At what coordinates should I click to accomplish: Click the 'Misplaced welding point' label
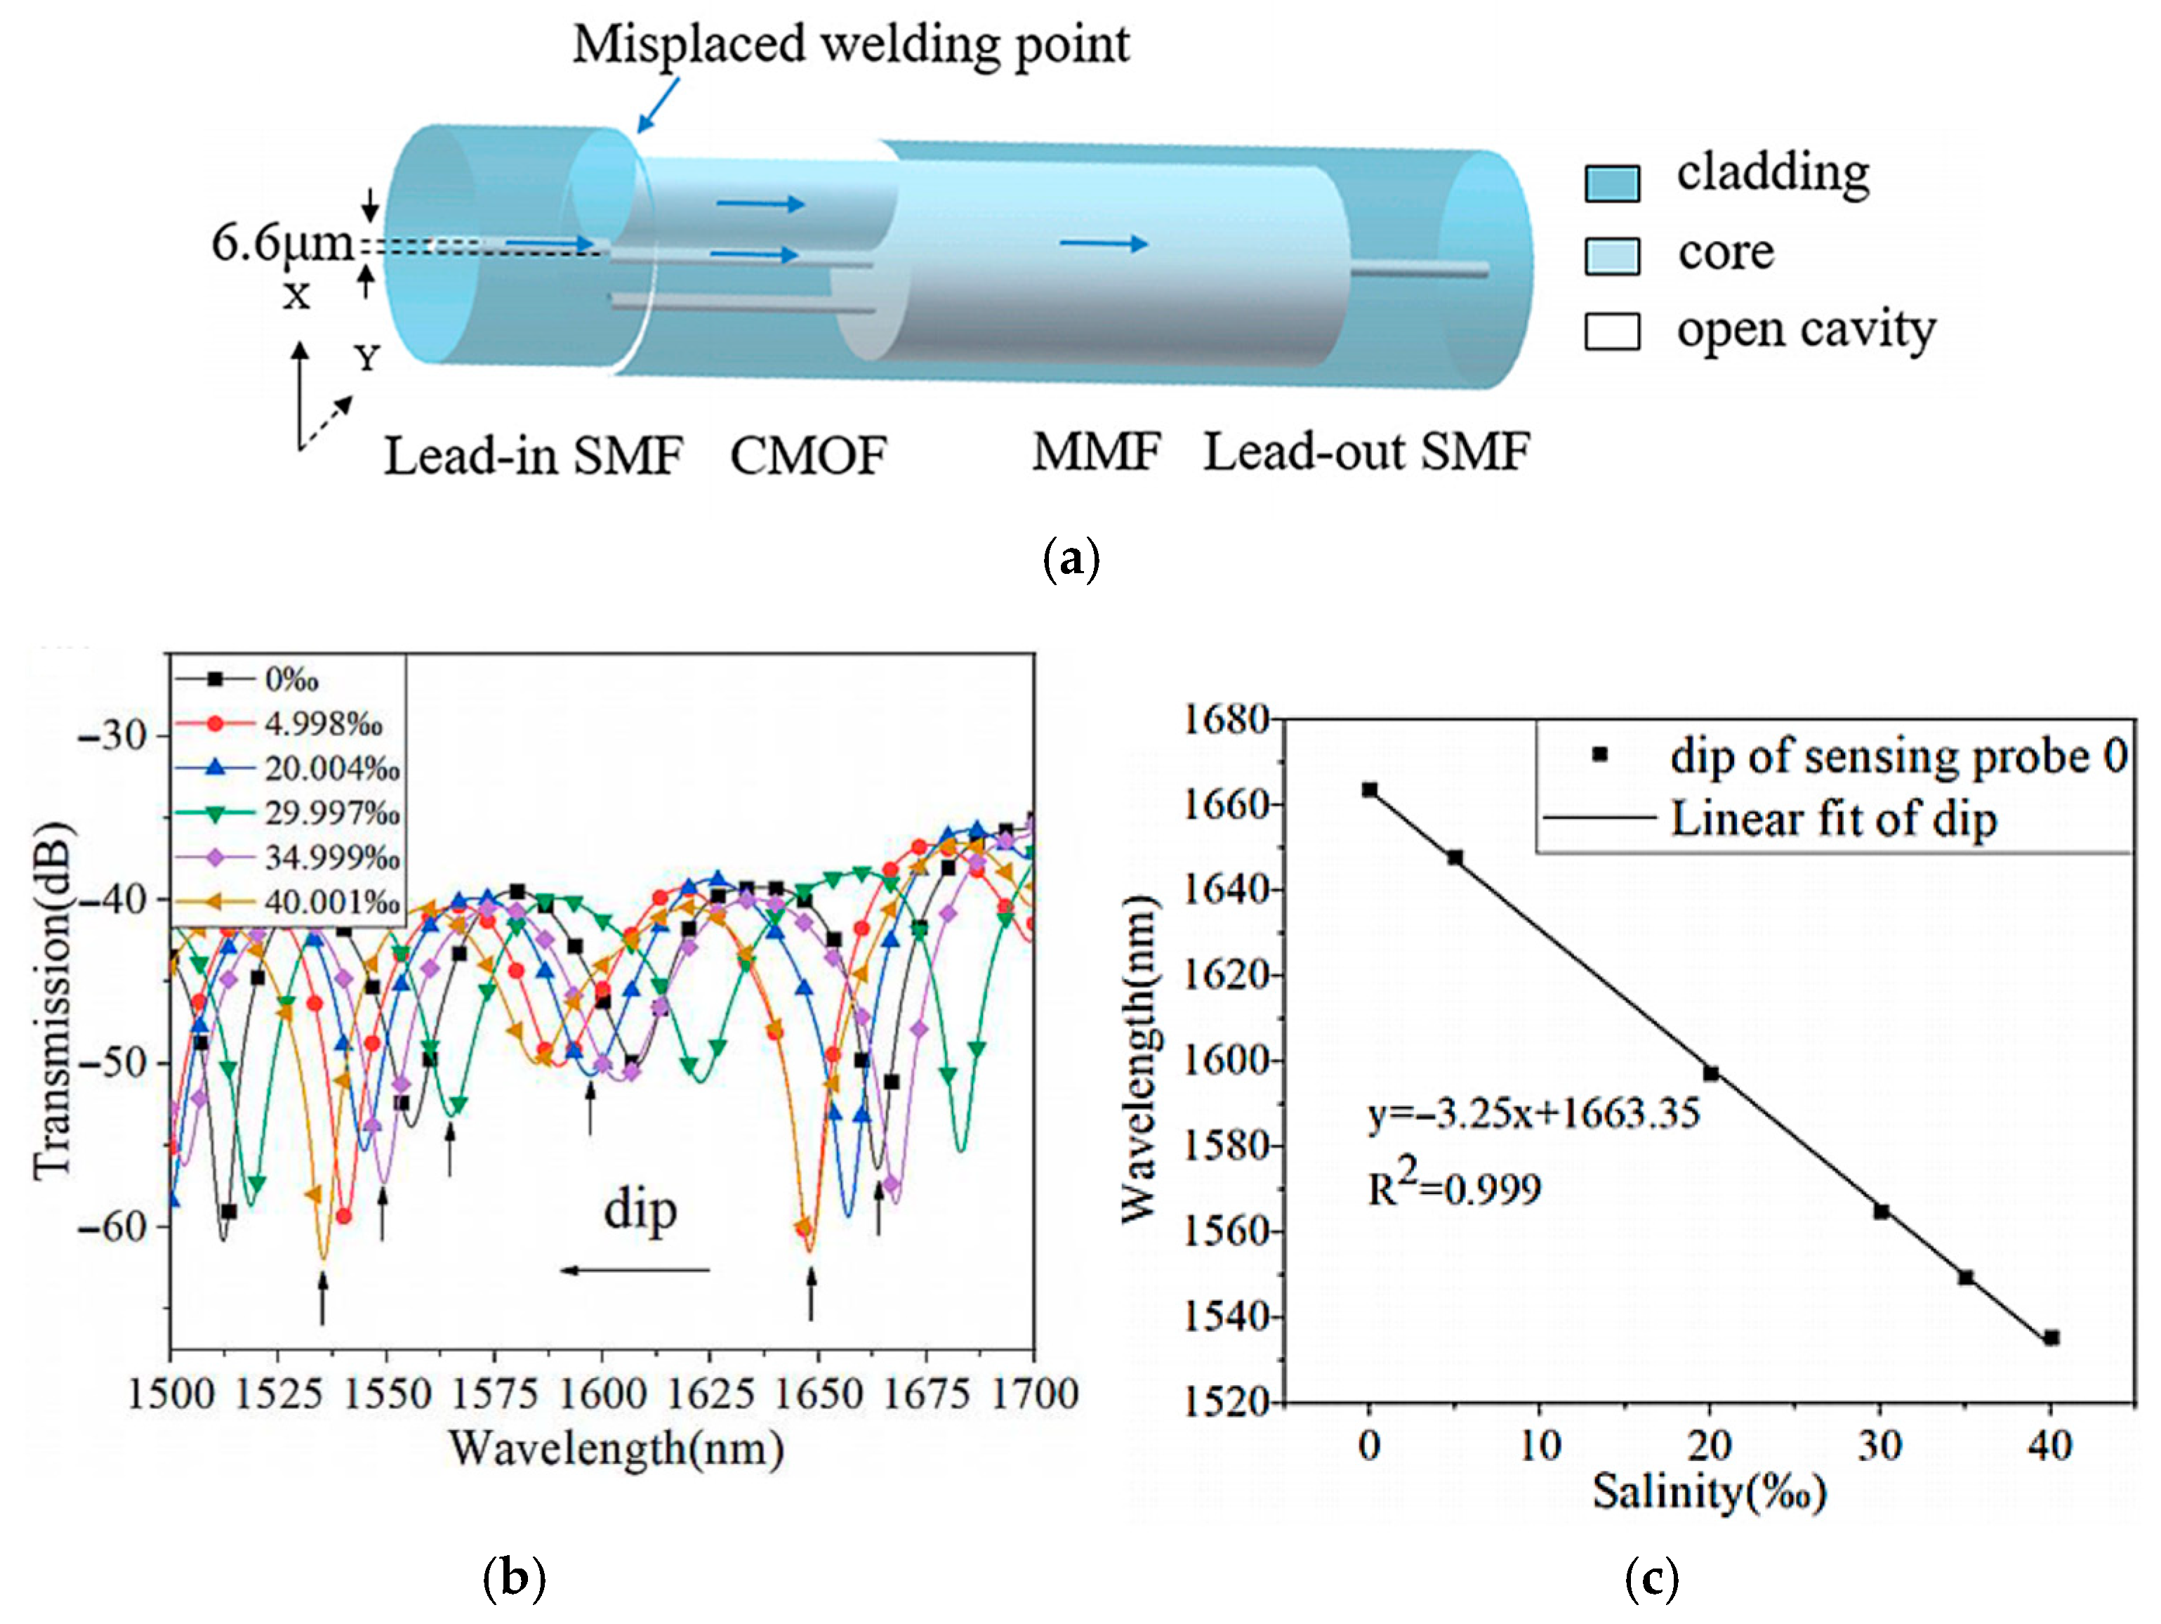[x=850, y=44]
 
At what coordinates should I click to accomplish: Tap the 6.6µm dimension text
[x=282, y=243]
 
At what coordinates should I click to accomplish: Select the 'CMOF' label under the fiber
[x=808, y=455]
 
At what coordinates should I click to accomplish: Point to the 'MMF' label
[x=1096, y=452]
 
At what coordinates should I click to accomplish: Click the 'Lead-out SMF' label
[x=1366, y=452]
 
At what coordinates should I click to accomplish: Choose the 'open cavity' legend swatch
[x=1611, y=332]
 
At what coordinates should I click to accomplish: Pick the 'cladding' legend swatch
[x=1611, y=183]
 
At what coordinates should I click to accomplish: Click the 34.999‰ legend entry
[x=332, y=858]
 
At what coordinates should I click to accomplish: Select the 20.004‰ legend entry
[x=332, y=769]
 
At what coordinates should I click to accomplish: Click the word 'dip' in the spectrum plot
[x=640, y=1212]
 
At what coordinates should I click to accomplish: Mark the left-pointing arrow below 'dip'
[x=635, y=1270]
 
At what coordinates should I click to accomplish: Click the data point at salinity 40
[x=2051, y=1337]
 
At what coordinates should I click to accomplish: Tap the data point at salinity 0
[x=1370, y=790]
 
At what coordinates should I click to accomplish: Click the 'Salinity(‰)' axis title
[x=1709, y=1492]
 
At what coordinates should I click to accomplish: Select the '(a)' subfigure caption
[x=1071, y=559]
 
